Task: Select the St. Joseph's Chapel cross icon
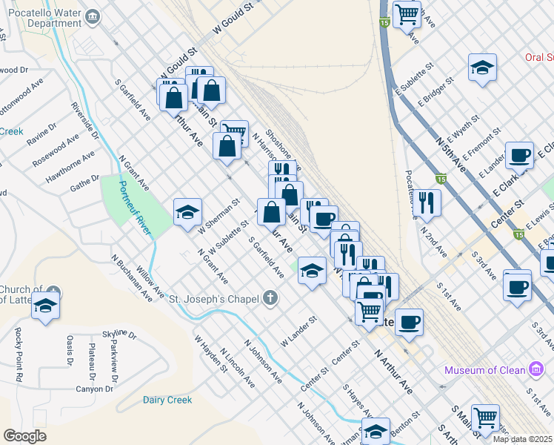coord(271,299)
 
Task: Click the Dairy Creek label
coord(167,400)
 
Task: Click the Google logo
coord(24,436)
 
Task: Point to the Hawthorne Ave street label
coord(70,167)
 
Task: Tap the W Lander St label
coord(298,331)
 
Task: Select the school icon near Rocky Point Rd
coord(45,305)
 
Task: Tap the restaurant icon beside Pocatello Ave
coord(427,201)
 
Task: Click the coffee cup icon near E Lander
coord(519,155)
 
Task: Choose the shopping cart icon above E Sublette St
coord(407,13)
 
